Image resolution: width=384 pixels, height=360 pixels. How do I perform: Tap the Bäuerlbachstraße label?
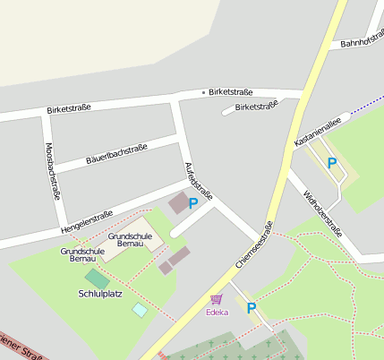(116, 154)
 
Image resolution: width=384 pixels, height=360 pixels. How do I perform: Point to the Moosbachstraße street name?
(51, 173)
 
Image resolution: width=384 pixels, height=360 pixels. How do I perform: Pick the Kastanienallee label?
(316, 133)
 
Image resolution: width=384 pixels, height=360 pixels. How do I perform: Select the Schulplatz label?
(101, 293)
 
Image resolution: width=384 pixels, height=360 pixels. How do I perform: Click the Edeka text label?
(217, 312)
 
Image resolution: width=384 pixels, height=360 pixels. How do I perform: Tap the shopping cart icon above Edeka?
(216, 300)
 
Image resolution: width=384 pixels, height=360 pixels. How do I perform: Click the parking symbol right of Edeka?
(252, 308)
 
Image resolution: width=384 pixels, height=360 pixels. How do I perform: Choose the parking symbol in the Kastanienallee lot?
(332, 163)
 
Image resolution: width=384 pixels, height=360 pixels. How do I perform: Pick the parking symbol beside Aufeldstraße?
(193, 204)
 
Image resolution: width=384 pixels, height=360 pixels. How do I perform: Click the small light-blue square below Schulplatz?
(140, 309)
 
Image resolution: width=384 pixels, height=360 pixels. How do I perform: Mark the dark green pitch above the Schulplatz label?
(98, 279)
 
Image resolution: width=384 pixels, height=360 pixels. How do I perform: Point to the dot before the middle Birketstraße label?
(204, 92)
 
